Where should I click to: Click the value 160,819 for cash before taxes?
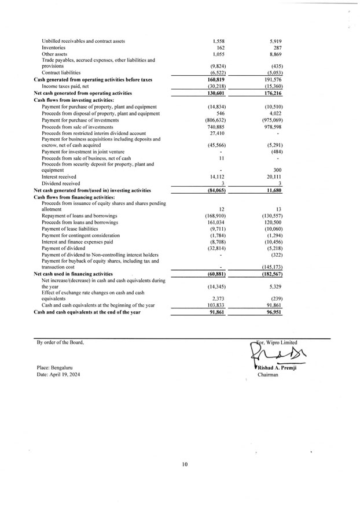coord(215,79)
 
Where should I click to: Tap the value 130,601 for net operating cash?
coord(215,93)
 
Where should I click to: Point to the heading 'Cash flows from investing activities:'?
coord(74,99)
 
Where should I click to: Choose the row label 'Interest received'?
coord(59,176)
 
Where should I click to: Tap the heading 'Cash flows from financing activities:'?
coord(74,197)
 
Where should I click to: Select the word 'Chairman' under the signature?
coord(268,375)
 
